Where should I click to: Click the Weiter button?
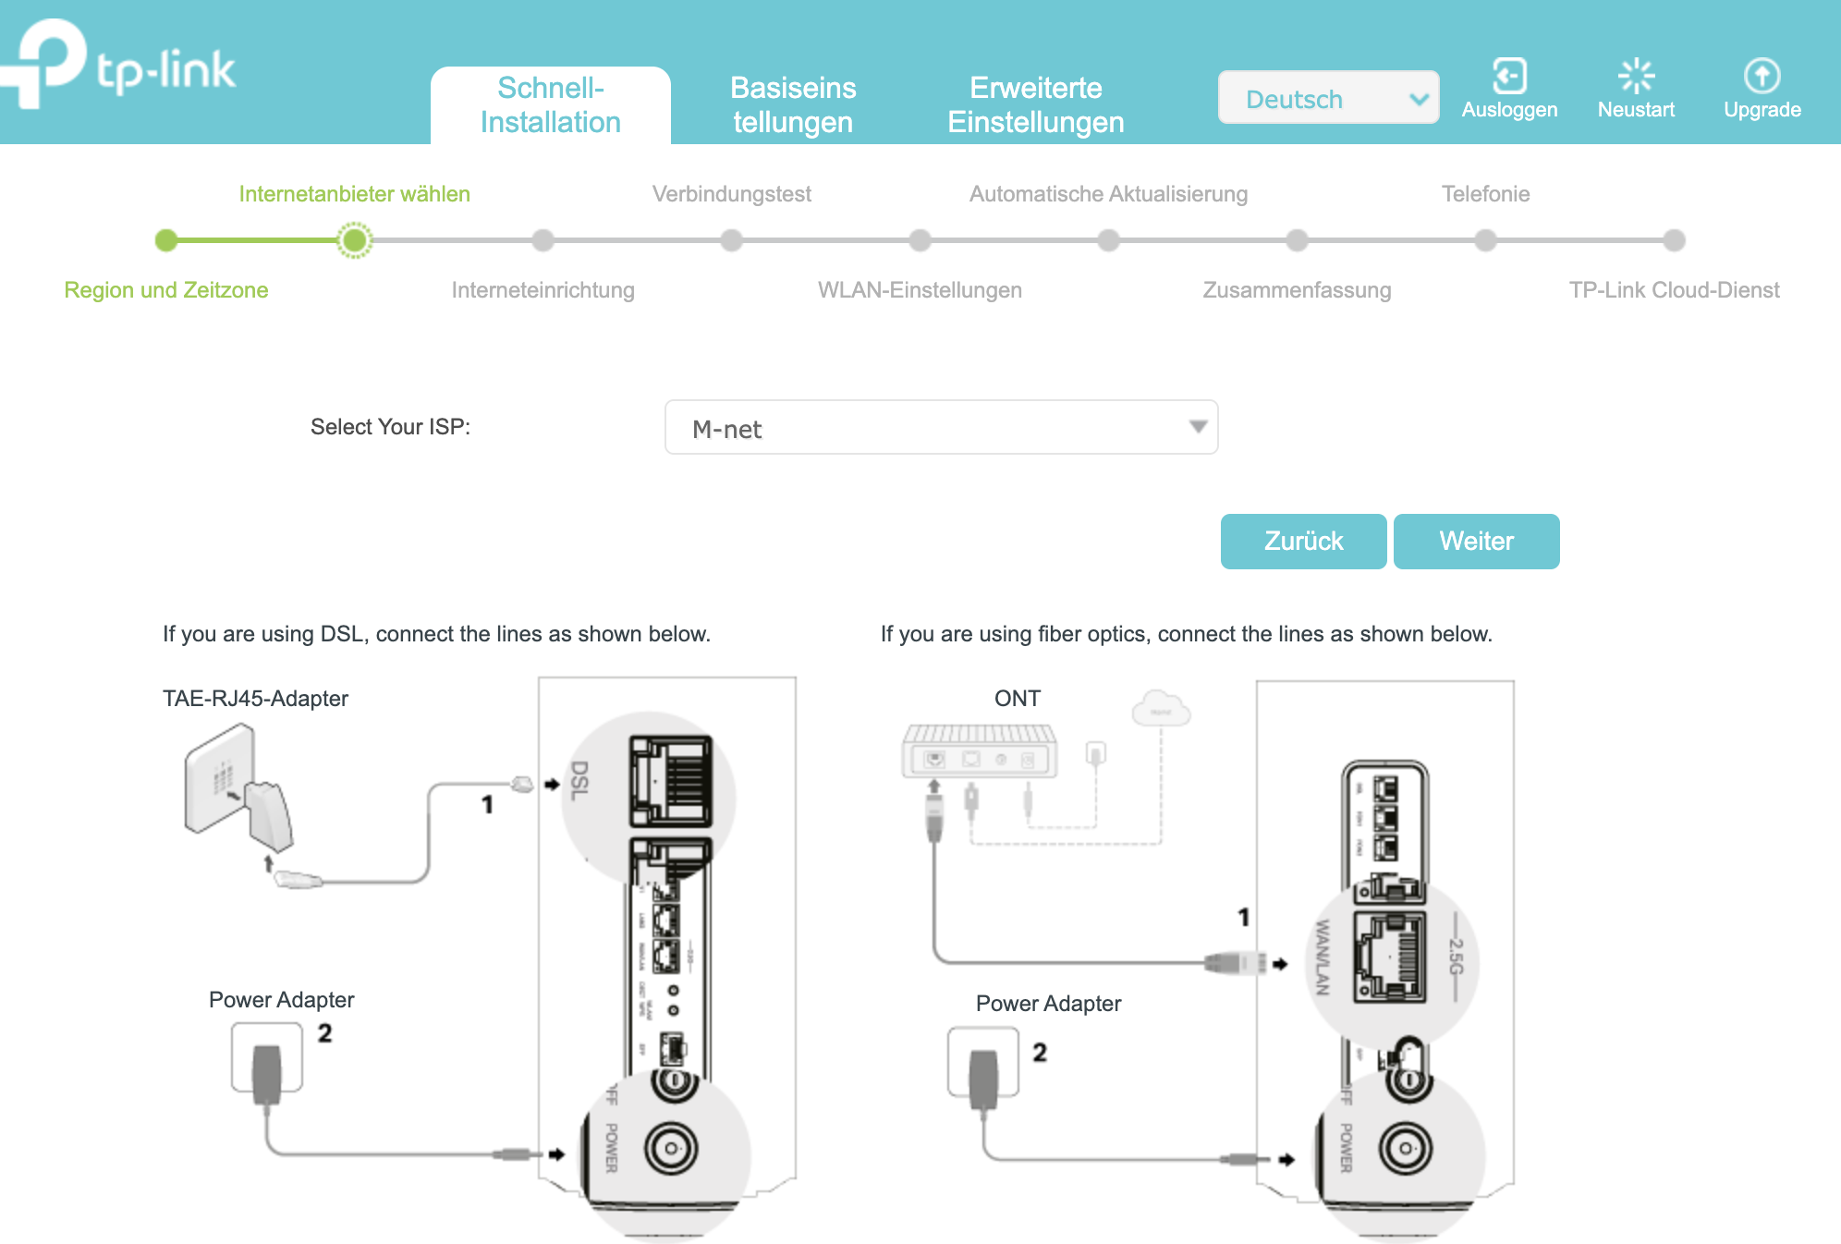coord(1476,542)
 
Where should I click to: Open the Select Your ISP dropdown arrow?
coord(1198,427)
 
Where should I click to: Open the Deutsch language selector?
coord(1328,98)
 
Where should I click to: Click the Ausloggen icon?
coord(1509,77)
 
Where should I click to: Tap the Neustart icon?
coord(1636,77)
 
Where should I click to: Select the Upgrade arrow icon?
coord(1762,77)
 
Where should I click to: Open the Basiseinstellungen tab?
coord(793,105)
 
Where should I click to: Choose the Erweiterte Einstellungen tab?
coord(1035,105)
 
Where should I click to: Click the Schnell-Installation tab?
coord(551,105)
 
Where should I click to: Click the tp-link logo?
coord(120,65)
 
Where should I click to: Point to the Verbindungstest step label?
coord(731,194)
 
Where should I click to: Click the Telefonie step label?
coord(1485,194)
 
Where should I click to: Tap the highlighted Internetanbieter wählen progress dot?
coord(354,240)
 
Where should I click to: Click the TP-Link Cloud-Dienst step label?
coord(1674,290)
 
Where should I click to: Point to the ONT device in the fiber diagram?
coord(980,751)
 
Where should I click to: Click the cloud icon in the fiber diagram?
coord(1161,709)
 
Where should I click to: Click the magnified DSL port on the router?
coord(670,781)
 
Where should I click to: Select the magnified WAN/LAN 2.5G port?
coord(1389,957)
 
